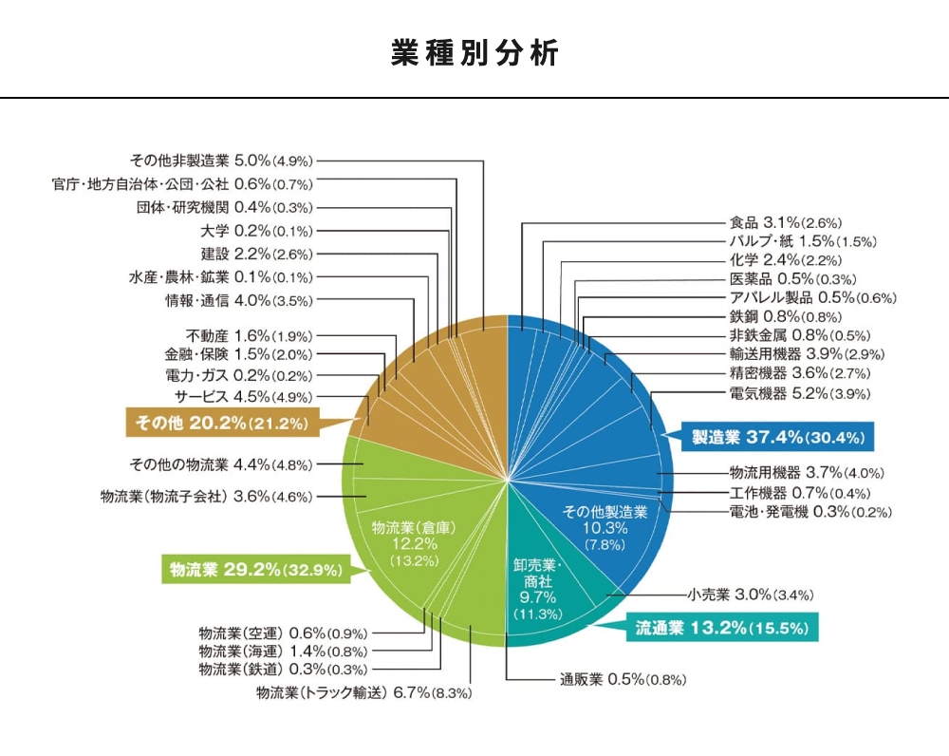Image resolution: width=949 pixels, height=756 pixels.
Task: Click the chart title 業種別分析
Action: pyautogui.click(x=474, y=53)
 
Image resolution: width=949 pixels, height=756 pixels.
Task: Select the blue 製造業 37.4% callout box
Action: pyautogui.click(x=775, y=438)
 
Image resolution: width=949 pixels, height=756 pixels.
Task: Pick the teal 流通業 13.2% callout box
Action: pyautogui.click(x=720, y=627)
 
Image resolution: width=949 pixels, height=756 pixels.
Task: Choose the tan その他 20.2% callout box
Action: pyautogui.click(x=222, y=421)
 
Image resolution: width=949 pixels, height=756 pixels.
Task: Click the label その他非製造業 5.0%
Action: pyautogui.click(x=221, y=161)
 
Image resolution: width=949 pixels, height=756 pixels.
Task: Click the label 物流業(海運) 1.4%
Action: pyautogui.click(x=283, y=651)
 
